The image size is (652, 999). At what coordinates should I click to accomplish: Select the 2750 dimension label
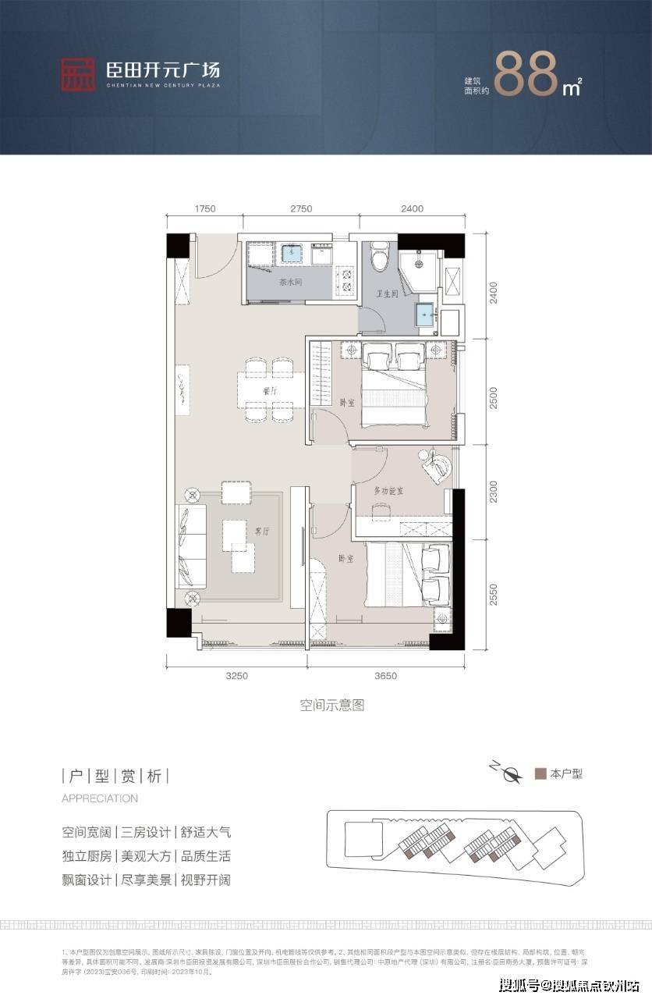tap(300, 208)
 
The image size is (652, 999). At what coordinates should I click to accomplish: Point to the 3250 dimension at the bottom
tap(236, 676)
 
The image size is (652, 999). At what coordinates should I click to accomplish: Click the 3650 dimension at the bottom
tap(385, 676)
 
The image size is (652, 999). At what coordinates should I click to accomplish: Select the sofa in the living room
tap(189, 546)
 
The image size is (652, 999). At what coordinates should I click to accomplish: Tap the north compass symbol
tap(510, 774)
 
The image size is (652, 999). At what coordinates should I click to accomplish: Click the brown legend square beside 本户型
tap(539, 774)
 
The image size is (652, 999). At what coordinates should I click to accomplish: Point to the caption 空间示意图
tap(332, 706)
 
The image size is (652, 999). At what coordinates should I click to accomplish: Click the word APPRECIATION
tap(100, 798)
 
